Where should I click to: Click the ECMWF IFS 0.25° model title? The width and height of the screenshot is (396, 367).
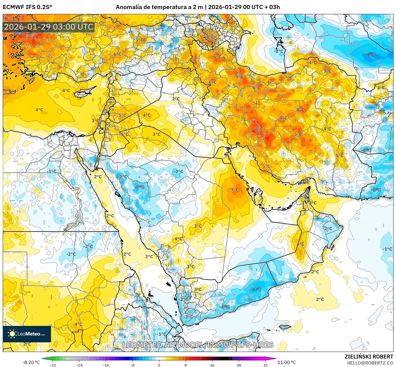[27, 7]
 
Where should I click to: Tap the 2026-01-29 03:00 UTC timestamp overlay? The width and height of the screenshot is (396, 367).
[49, 27]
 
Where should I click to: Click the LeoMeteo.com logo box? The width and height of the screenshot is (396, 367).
[27, 334]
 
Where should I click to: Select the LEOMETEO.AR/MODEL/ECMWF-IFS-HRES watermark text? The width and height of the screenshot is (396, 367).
[198, 345]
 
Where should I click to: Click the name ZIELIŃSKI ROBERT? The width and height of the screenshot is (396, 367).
[369, 357]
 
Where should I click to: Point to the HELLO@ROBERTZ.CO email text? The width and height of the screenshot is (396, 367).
[370, 363]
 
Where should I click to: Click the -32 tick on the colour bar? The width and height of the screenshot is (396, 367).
[53, 365]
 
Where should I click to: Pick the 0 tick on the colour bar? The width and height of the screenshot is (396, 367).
[159, 365]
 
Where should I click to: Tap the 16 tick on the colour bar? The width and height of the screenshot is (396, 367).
[212, 365]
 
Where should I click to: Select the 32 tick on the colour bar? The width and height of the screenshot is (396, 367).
[265, 365]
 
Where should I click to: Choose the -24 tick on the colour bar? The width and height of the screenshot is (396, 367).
[79, 365]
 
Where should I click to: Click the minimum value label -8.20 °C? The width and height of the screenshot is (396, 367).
[31, 362]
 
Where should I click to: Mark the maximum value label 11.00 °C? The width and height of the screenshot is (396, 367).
[287, 362]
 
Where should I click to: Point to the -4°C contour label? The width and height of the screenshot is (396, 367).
[257, 289]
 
